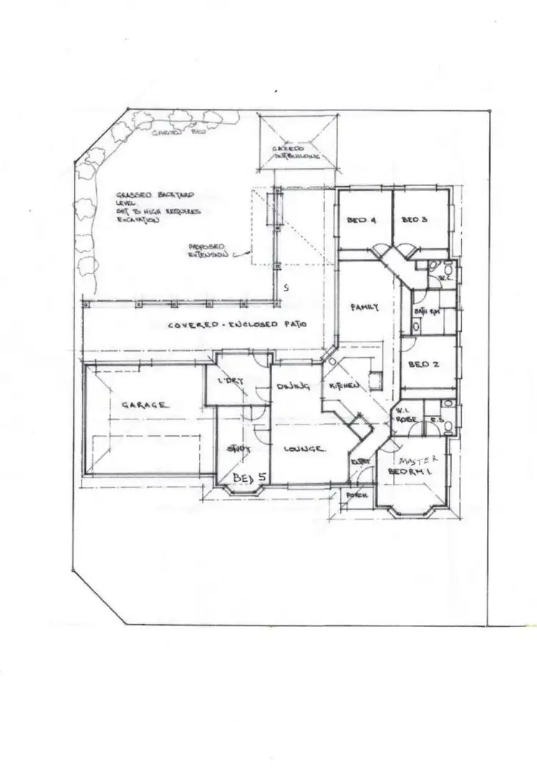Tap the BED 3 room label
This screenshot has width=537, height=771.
[414, 220]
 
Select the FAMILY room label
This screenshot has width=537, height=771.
[364, 307]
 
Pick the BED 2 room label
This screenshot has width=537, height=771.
[419, 364]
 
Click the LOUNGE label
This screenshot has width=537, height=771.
[305, 450]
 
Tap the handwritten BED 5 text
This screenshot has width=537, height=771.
[249, 476]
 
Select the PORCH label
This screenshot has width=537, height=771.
[356, 495]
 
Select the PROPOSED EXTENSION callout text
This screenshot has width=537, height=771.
[208, 249]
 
